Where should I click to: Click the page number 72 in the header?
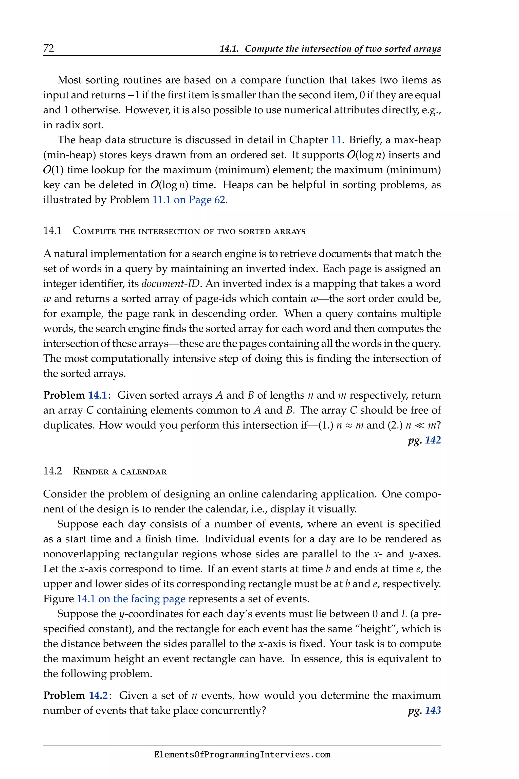click(x=49, y=48)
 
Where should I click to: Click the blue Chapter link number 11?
click(x=336, y=140)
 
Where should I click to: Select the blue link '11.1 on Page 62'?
click(x=189, y=200)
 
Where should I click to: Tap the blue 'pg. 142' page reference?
click(x=424, y=440)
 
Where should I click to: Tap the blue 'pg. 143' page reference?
click(x=424, y=711)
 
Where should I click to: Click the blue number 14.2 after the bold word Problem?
click(x=98, y=696)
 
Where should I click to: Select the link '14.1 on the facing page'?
click(x=131, y=599)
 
